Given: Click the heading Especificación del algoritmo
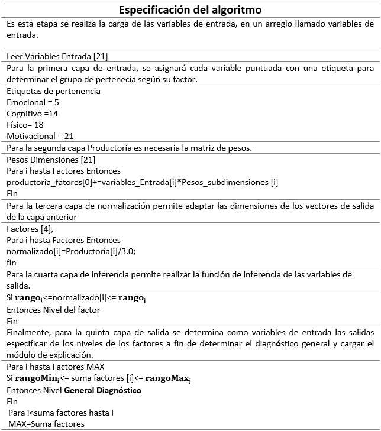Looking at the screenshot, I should click(190, 10).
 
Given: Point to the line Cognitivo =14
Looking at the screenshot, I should click(33, 113).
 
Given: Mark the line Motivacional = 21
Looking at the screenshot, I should click(40, 135).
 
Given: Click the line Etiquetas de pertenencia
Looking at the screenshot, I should click(53, 91).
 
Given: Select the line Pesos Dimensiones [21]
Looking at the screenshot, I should click(50, 160).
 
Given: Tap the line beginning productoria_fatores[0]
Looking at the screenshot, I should click(142, 182).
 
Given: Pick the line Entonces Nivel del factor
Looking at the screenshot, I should click(53, 309).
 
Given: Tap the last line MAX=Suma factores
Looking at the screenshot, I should click(47, 424).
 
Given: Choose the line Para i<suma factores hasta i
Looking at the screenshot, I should click(60, 413).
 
